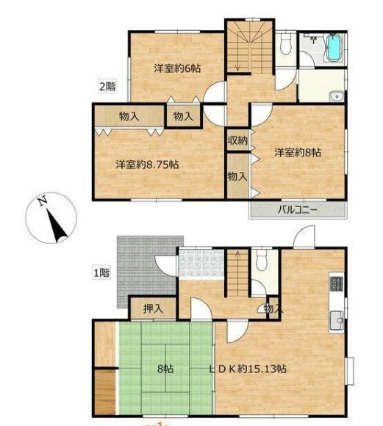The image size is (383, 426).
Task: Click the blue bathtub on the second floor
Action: tap(334, 48)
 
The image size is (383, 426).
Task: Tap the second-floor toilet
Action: tap(285, 43)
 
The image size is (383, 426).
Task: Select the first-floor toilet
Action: tap(262, 260)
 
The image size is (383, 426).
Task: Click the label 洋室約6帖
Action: tap(177, 68)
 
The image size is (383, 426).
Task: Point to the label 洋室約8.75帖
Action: tap(148, 165)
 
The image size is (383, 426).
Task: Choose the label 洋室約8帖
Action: tap(298, 153)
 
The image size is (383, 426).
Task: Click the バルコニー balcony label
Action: tap(297, 210)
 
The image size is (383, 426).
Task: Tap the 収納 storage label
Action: tap(237, 140)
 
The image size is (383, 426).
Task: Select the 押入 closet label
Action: tap(154, 308)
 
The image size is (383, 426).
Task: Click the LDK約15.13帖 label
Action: tap(248, 369)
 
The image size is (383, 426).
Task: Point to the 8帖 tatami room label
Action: tap(165, 369)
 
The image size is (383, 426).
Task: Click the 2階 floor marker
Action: tap(107, 87)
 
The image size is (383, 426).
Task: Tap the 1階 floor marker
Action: tap(101, 272)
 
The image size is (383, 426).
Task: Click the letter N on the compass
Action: tap(42, 201)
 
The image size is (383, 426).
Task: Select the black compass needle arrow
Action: tap(57, 225)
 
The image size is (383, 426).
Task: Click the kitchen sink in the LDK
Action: tap(337, 322)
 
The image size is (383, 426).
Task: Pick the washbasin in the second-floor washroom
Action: tap(337, 96)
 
